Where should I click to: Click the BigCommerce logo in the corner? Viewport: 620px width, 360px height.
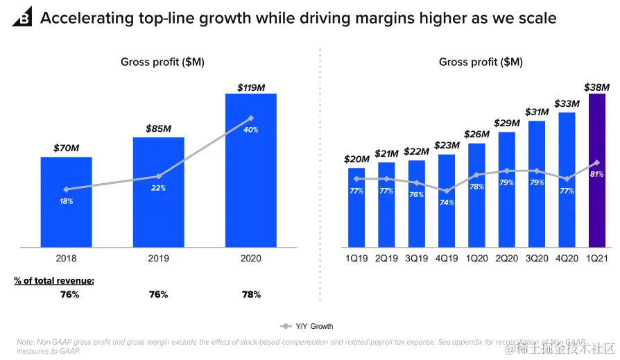21,17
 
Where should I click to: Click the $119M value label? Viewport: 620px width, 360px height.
251,87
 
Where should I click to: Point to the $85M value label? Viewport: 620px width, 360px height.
159,129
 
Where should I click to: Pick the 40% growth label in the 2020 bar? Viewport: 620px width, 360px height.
250,130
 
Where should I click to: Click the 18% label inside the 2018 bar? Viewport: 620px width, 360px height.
67,201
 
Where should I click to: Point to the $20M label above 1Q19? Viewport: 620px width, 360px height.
356,160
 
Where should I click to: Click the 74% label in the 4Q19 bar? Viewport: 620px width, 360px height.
447,203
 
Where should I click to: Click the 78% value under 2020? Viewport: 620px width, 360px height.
251,295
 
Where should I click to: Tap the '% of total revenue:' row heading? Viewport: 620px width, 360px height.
54,281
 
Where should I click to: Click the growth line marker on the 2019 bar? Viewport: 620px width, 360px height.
159,176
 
